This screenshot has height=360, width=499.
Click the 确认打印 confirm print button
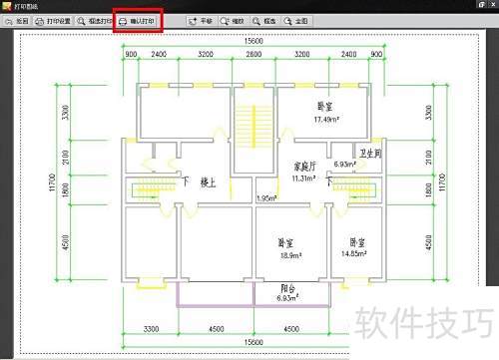pyautogui.click(x=138, y=20)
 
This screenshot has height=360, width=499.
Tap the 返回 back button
pyautogui.click(x=17, y=20)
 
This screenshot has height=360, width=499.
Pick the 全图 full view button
pyautogui.click(x=296, y=20)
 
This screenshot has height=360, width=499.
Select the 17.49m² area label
pyautogui.click(x=298, y=120)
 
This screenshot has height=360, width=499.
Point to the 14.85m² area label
pyautogui.click(x=355, y=253)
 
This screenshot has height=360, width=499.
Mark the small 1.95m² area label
pyautogui.click(x=266, y=197)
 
